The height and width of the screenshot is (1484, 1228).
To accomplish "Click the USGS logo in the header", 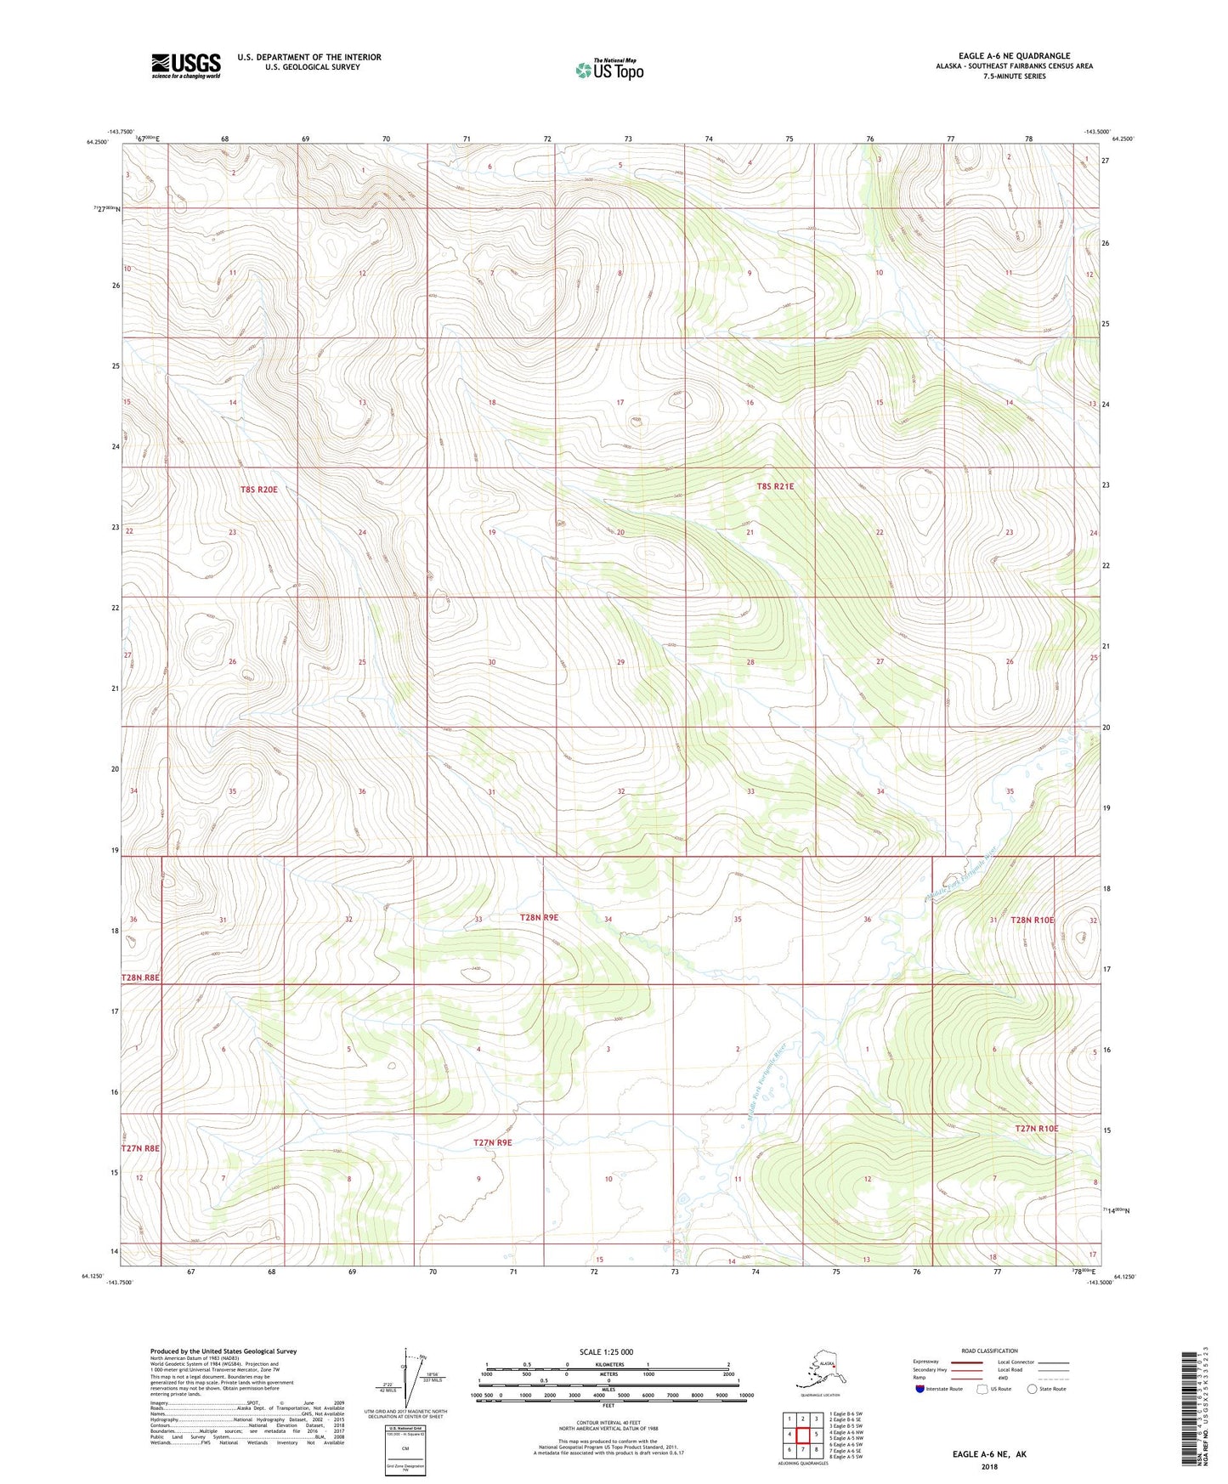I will (x=185, y=65).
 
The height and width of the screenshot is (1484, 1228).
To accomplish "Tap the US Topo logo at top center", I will (x=608, y=70).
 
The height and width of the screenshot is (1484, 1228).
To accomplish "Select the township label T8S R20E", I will (x=259, y=490).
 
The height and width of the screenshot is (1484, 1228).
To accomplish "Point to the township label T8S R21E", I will (x=775, y=487).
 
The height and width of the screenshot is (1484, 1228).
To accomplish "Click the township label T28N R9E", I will (x=539, y=918).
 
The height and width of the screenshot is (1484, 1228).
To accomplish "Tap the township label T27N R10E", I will (x=1037, y=1129).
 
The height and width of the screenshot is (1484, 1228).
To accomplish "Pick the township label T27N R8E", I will (x=140, y=1148).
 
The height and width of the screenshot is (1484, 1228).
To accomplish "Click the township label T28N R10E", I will (x=1032, y=920).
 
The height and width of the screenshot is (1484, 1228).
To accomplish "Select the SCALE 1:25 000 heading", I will (x=606, y=1352).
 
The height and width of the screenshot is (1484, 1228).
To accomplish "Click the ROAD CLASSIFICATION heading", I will (x=989, y=1351).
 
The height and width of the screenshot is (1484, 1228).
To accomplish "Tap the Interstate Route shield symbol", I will (x=920, y=1389).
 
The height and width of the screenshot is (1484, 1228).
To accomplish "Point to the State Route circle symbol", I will (x=1032, y=1389).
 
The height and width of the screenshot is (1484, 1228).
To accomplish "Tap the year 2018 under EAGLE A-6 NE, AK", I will (x=989, y=1466).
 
